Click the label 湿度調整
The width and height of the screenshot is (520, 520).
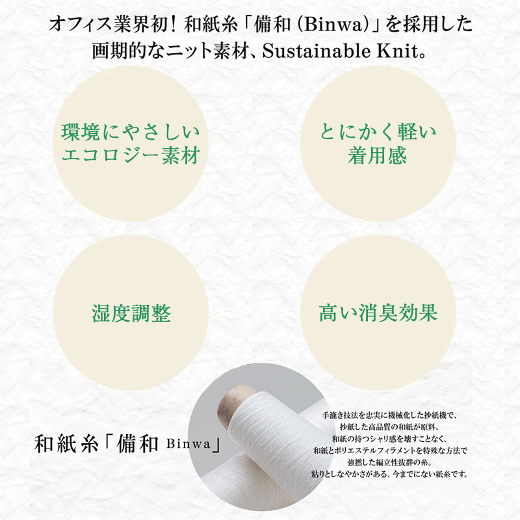tap(131, 314)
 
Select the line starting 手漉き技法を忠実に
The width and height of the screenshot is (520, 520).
tap(391, 415)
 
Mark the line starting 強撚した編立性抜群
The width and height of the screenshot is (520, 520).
tap(391, 462)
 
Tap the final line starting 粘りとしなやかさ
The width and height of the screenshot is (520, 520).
tap(391, 474)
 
